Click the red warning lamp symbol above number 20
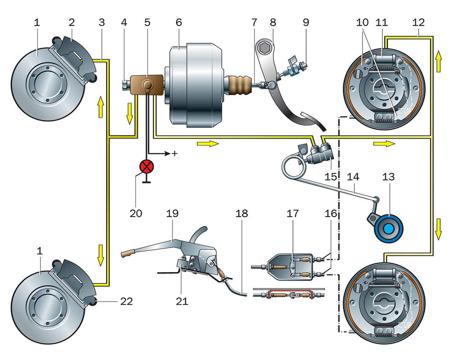(x=147, y=166)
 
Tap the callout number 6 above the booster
(x=179, y=22)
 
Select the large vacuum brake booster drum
(x=195, y=85)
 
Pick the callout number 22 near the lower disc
(x=127, y=301)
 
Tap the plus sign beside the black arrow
(x=174, y=154)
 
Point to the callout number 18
(x=243, y=214)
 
